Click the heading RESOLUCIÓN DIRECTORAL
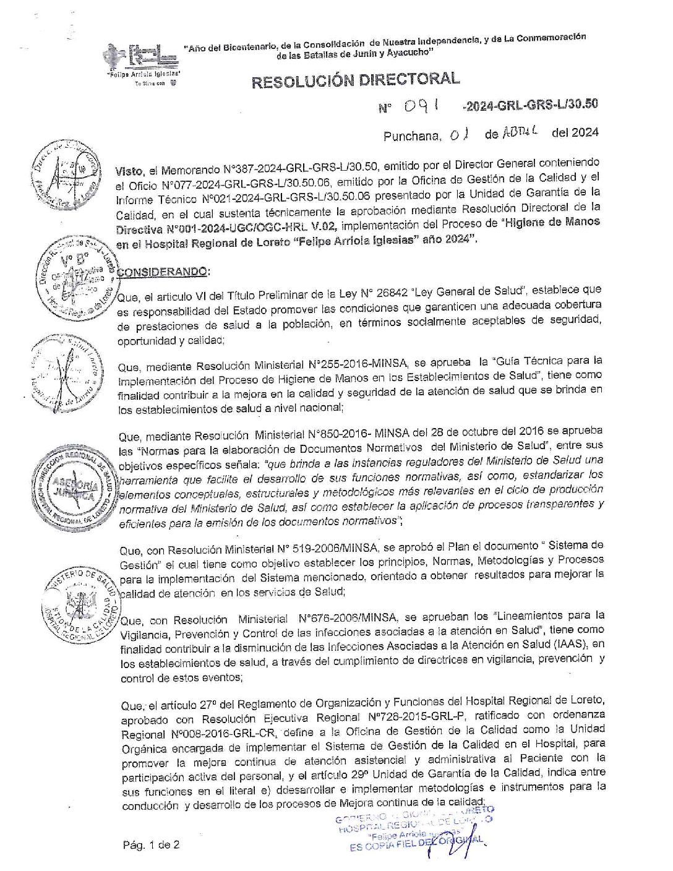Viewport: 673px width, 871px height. pos(355,80)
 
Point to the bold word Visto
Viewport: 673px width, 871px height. pos(129,170)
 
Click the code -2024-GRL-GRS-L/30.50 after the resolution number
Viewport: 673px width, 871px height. pos(529,105)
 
